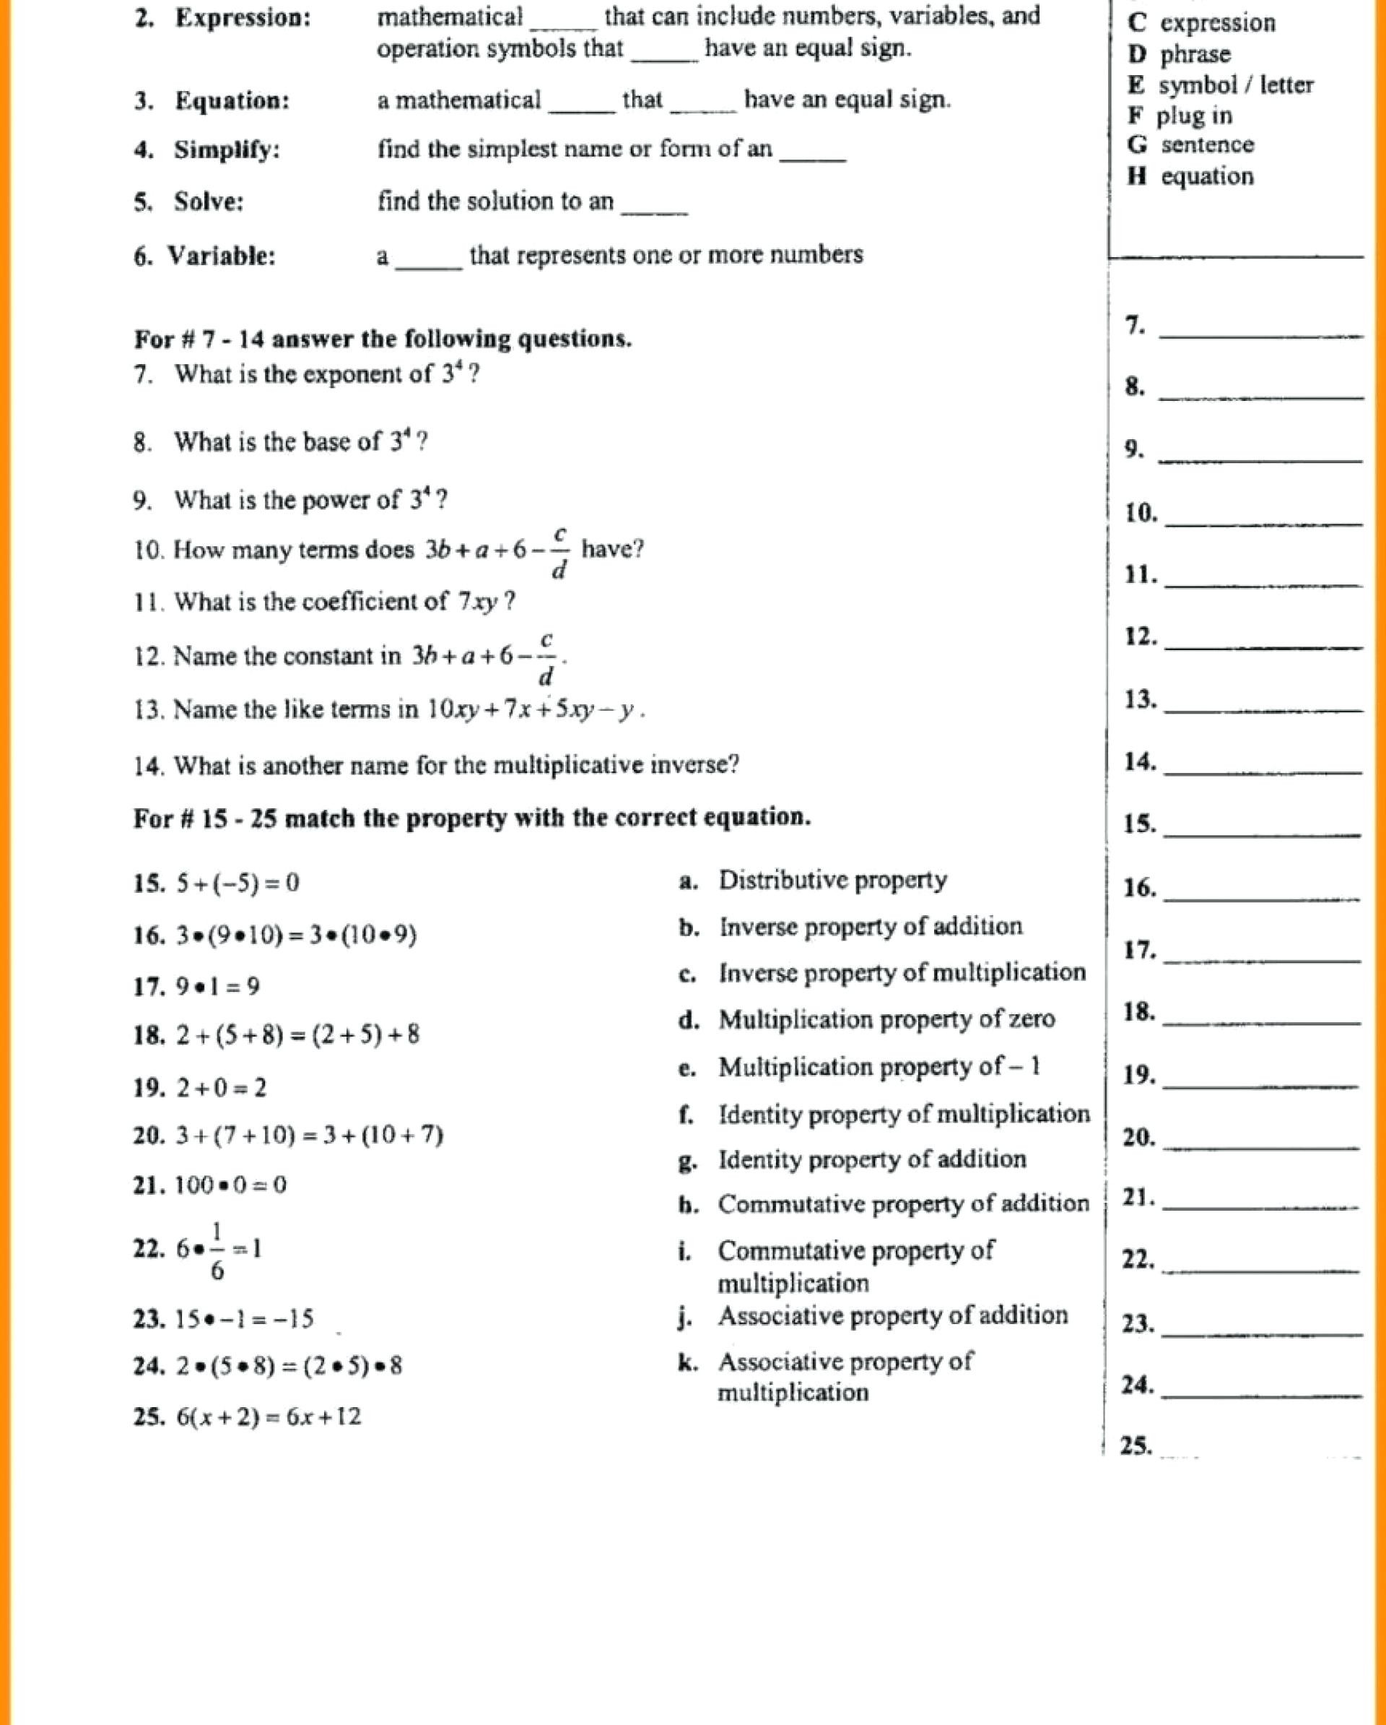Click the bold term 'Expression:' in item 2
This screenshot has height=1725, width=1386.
[243, 18]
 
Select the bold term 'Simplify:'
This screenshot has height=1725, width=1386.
[227, 150]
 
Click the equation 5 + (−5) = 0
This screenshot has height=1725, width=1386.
[237, 883]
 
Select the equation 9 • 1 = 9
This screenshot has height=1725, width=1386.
[217, 987]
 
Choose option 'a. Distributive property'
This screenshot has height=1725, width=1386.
[812, 880]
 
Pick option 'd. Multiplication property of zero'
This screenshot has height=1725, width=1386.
[866, 1019]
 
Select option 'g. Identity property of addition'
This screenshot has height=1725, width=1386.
[852, 1159]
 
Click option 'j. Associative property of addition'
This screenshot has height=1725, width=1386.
[873, 1315]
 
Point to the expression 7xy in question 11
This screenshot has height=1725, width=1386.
[477, 602]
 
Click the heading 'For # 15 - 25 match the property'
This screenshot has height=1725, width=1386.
[472, 818]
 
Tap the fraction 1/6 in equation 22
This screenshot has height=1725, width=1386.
[217, 1249]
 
